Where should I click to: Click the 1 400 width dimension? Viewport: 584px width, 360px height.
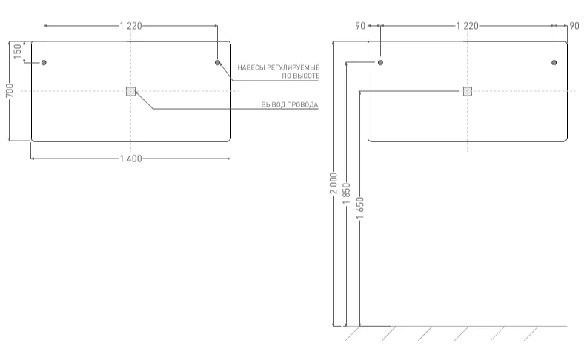pyautogui.click(x=131, y=159)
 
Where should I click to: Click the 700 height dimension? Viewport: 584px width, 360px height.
pyautogui.click(x=10, y=90)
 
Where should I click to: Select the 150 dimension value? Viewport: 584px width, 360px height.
pyautogui.click(x=17, y=52)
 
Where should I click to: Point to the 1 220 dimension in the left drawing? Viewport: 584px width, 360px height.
pyautogui.click(x=131, y=26)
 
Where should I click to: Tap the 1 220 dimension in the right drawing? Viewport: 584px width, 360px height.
pyautogui.click(x=467, y=26)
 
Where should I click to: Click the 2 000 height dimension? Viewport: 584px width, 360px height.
pyautogui.click(x=334, y=184)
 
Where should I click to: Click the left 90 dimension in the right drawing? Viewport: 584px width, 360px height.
pyautogui.click(x=360, y=26)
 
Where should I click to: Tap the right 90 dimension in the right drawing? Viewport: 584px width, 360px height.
pyautogui.click(x=574, y=26)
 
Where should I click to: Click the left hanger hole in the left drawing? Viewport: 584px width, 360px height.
pyautogui.click(x=44, y=63)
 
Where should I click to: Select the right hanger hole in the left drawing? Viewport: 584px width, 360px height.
pyautogui.click(x=218, y=63)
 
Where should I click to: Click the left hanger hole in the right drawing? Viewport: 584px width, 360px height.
pyautogui.click(x=381, y=63)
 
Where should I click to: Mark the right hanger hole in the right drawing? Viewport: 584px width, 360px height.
pyautogui.click(x=554, y=63)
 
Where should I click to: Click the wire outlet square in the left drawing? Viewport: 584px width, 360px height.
pyautogui.click(x=131, y=91)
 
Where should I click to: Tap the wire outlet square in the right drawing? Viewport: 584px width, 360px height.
pyautogui.click(x=467, y=91)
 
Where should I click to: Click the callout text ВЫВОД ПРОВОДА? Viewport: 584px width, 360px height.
pyautogui.click(x=289, y=105)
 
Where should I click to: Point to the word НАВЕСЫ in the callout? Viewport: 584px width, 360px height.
pyautogui.click(x=248, y=67)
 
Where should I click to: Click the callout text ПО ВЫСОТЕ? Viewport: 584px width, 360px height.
pyautogui.click(x=301, y=76)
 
